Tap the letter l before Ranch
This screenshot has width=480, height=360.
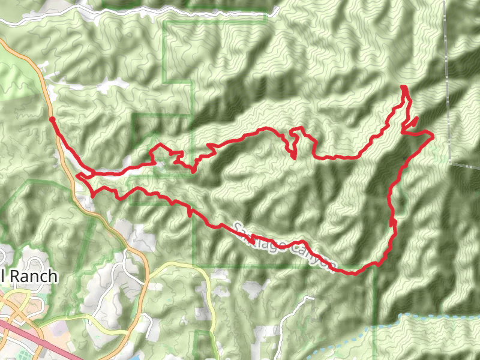coord(4,276)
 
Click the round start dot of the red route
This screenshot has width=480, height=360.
coord(52,119)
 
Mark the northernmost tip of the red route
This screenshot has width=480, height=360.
coord(403,88)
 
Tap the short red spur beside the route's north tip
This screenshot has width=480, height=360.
coord(411,122)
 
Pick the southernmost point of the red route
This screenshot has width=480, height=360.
coord(353,274)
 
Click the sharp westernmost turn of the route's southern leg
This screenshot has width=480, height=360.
coord(78,176)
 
